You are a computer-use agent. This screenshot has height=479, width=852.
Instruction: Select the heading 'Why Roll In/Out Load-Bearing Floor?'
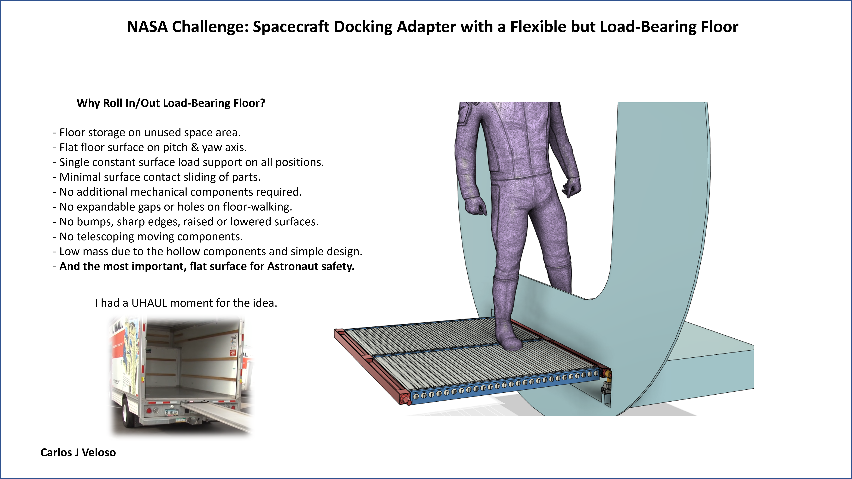pyautogui.click(x=171, y=103)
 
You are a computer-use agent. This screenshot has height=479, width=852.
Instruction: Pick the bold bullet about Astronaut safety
pyautogui.click(x=204, y=266)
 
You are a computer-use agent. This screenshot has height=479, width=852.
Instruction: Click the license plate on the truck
pyautogui.click(x=171, y=412)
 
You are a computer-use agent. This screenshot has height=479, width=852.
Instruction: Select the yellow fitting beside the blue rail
pyautogui.click(x=608, y=374)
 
